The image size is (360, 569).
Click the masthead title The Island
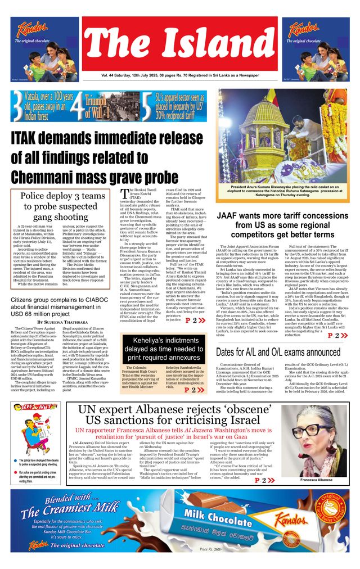[181, 42]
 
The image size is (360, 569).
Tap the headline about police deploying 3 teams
[61, 206]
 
